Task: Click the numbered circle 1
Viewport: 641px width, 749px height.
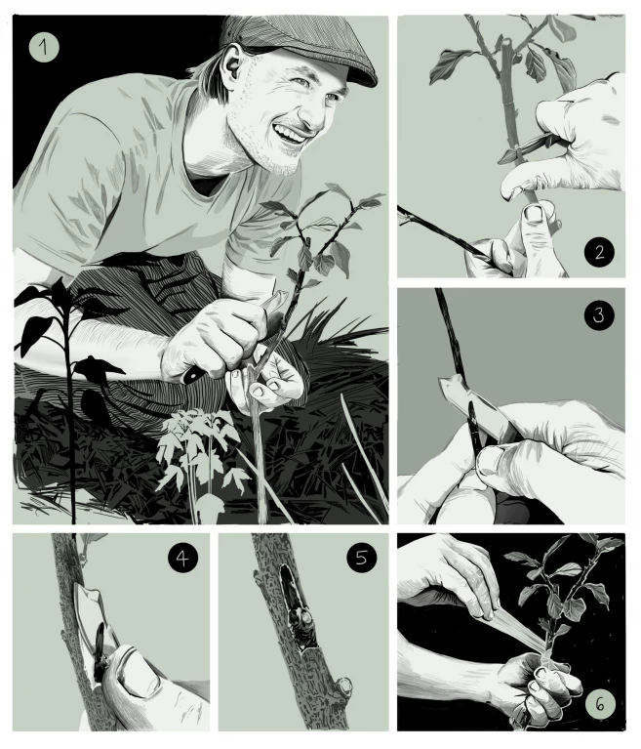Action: coord(44,47)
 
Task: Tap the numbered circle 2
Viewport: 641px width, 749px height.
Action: coord(599,252)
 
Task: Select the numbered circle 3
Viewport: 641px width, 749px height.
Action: coord(599,314)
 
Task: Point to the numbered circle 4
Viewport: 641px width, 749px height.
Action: coord(182,558)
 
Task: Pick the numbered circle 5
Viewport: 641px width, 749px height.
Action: coord(362,558)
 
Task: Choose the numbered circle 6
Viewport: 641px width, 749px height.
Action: coord(600,703)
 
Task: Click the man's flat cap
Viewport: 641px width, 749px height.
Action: coord(300,46)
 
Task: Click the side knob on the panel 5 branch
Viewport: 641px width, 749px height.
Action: coord(343,686)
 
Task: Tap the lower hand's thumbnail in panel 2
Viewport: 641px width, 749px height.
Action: coord(536,214)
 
